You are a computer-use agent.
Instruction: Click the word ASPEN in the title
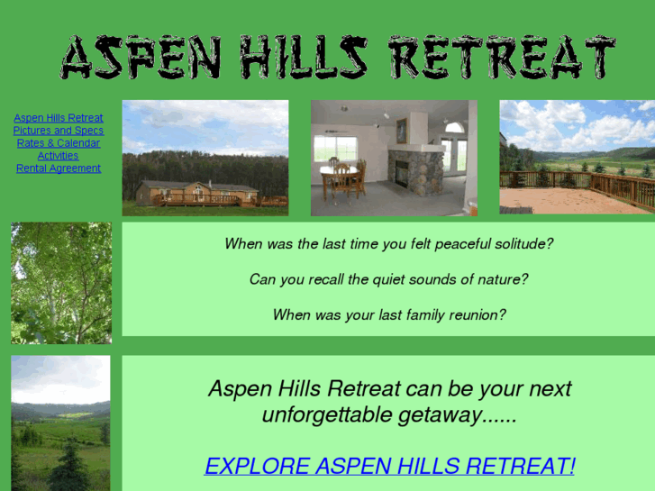141,59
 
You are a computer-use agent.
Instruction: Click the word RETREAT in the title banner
502,59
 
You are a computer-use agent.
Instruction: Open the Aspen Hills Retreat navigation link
59,118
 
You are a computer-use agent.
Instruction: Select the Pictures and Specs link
59,131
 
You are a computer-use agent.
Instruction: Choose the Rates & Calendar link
59,143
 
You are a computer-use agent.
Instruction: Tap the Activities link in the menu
59,156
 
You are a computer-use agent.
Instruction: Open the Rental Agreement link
59,168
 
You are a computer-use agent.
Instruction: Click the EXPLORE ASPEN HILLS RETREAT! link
389,466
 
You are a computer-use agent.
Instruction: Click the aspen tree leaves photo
61,283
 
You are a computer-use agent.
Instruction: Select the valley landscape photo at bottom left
60,423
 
